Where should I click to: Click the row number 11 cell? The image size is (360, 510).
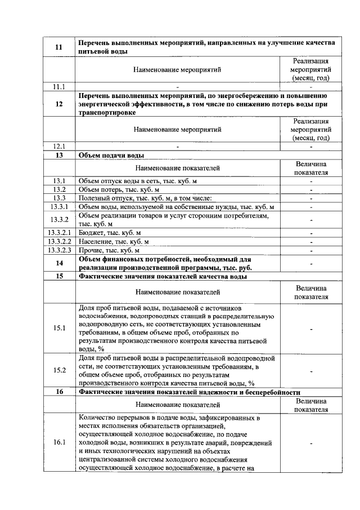click(x=59, y=47)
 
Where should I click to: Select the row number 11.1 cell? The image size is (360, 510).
click(x=59, y=87)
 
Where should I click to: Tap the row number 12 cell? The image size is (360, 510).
click(x=59, y=104)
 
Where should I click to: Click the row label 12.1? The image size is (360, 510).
click(x=59, y=145)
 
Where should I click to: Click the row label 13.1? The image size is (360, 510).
click(x=59, y=180)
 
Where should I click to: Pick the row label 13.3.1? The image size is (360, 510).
click(x=59, y=207)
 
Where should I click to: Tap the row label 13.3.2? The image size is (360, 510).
click(x=59, y=219)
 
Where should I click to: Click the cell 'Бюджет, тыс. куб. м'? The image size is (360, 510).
click(x=110, y=232)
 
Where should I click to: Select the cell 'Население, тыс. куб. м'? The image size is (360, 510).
click(x=114, y=241)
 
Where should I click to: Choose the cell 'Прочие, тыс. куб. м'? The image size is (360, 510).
click(x=110, y=250)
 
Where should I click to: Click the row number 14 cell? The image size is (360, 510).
click(x=59, y=263)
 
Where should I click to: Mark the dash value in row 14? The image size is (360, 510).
click(x=310, y=263)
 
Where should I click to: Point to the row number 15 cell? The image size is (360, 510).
click(x=59, y=276)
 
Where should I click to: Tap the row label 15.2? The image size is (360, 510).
click(x=59, y=370)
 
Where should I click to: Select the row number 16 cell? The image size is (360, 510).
click(x=59, y=392)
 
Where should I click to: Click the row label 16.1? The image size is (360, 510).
click(x=59, y=442)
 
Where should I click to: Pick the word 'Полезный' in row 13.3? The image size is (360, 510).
click(x=94, y=198)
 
